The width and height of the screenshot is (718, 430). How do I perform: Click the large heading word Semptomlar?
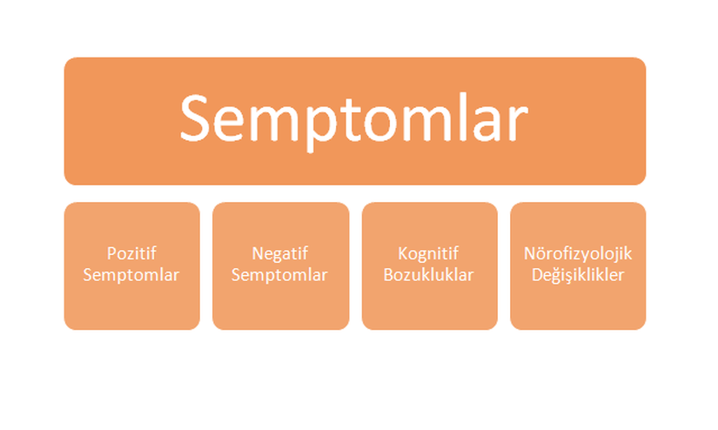354,120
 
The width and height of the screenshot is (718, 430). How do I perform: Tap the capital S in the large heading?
195,118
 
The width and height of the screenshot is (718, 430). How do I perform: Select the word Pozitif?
131,253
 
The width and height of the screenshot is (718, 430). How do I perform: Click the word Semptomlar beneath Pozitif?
131,275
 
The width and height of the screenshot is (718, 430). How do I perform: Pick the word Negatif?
279,253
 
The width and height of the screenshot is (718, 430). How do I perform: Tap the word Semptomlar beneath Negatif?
279,275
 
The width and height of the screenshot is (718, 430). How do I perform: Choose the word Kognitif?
428,253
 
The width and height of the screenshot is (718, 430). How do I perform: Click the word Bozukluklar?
428,275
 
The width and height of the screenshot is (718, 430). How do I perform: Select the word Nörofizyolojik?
578,253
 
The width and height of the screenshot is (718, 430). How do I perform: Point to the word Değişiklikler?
578,275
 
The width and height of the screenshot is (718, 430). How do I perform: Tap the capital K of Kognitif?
402,253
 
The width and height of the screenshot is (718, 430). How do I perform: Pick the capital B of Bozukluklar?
388,275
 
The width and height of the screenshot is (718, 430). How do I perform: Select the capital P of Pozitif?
111,253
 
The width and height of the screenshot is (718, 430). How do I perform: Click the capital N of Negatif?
258,253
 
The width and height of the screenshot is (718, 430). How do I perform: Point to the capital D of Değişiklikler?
538,275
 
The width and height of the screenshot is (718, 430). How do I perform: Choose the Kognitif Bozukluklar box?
430,265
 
